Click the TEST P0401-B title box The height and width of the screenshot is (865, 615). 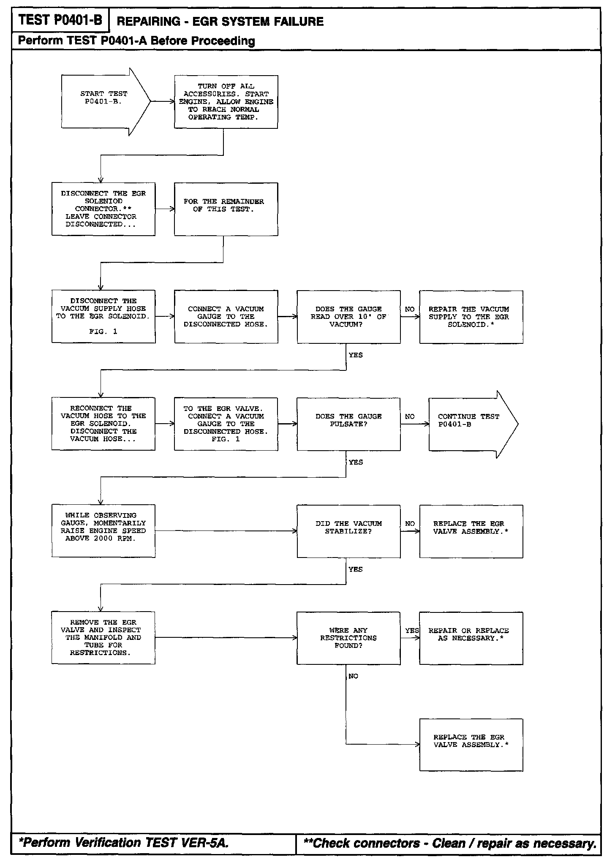60,20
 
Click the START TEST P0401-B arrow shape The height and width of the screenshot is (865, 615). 103,101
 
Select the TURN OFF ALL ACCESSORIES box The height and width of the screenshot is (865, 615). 226,102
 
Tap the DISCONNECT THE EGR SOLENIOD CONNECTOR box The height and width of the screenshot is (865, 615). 103,209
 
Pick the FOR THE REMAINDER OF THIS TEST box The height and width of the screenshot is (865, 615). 226,209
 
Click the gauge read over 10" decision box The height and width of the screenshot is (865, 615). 348,317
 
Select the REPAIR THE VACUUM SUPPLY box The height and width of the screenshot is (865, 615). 471,317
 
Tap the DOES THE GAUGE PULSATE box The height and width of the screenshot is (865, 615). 348,424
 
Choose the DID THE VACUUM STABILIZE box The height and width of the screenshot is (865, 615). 348,531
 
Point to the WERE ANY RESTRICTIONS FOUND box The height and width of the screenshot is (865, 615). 348,638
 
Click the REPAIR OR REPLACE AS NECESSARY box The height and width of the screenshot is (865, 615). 471,638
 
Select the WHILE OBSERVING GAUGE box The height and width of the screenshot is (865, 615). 103,531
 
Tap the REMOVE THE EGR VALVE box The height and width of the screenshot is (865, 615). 103,638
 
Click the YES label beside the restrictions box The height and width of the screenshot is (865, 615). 412,631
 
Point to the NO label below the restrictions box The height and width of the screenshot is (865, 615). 354,676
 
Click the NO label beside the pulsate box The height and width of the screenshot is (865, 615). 410,416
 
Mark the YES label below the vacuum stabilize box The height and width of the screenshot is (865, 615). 356,569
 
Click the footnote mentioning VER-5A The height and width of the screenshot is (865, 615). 124,843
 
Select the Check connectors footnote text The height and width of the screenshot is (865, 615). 450,843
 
